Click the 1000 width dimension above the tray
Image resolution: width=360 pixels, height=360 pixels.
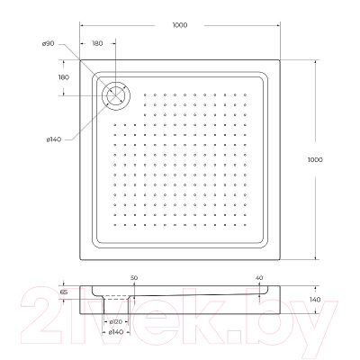click(x=179, y=25)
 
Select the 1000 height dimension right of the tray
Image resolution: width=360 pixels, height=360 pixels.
click(x=314, y=159)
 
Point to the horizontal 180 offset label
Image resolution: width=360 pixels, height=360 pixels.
click(x=98, y=44)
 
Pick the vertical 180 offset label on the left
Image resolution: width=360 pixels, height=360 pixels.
click(x=64, y=77)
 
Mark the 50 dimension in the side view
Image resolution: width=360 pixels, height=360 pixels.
click(x=134, y=277)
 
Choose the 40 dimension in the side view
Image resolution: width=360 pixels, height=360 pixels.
click(x=259, y=277)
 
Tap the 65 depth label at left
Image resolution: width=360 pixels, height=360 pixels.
click(x=64, y=292)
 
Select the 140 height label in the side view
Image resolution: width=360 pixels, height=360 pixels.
click(x=314, y=300)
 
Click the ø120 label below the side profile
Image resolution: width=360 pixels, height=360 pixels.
click(x=116, y=321)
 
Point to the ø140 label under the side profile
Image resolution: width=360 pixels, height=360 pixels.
click(x=116, y=333)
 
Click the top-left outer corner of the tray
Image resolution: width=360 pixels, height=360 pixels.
click(x=81, y=61)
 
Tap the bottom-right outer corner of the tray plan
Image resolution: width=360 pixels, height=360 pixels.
click(x=279, y=258)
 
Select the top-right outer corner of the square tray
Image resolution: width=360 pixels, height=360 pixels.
click(x=279, y=61)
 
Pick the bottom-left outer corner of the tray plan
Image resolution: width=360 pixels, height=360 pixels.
click(x=81, y=258)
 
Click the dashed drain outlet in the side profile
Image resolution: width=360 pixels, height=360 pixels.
click(x=116, y=298)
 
